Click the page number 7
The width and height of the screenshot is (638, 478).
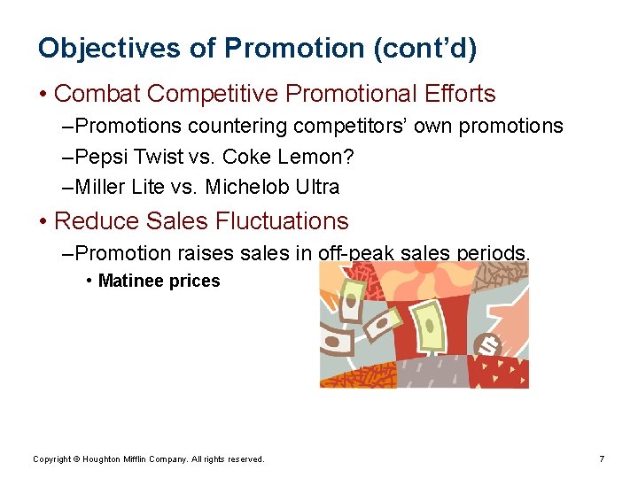tap(602, 459)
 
